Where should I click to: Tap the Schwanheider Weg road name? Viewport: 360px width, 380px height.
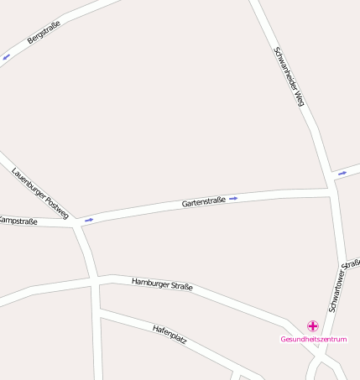coord(288,76)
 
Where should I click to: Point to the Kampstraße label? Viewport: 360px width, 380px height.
coord(17,221)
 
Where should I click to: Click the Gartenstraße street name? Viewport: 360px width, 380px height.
coord(203,203)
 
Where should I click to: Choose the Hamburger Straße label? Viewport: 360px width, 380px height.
coord(162,285)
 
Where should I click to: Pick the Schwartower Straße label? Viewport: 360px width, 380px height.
coord(345,286)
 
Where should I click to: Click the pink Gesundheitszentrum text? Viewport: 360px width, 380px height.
coord(313,339)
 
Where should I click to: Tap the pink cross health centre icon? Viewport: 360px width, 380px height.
coord(313,325)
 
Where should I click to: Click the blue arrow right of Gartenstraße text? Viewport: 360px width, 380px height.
coord(233,199)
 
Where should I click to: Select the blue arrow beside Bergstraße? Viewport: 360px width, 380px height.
coord(7,57)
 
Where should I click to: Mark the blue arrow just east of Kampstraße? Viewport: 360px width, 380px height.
coord(88,220)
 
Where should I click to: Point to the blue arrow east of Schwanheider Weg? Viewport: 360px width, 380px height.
coord(342,174)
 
